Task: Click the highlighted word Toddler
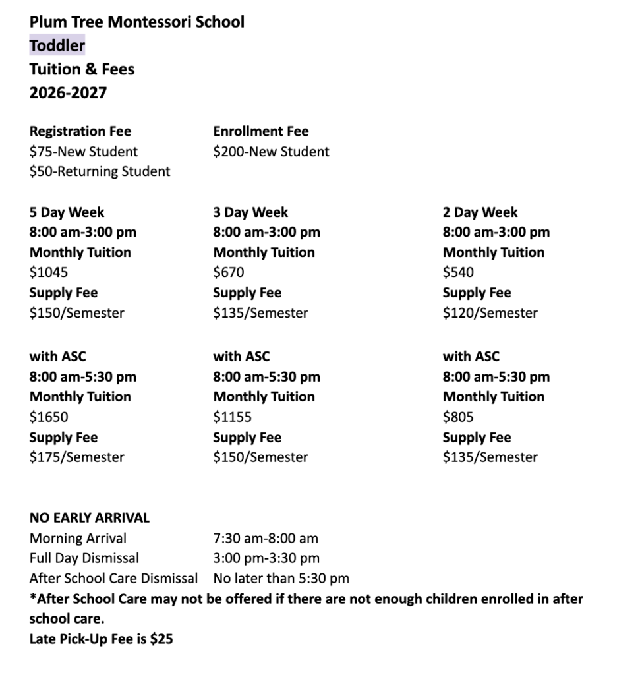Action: click(57, 45)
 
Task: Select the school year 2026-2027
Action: click(68, 93)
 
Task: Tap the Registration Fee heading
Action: click(80, 131)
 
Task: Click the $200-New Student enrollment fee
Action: click(271, 152)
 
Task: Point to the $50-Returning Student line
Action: click(100, 171)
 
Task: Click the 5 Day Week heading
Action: click(67, 212)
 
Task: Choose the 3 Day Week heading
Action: click(250, 212)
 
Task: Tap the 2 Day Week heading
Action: click(480, 212)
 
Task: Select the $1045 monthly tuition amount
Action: click(49, 272)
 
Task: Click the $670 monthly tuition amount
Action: click(229, 272)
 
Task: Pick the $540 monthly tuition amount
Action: click(458, 272)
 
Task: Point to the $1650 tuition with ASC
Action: click(49, 417)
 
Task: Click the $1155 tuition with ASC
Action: click(232, 417)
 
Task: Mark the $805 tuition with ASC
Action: click(458, 417)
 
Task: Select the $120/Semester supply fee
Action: click(490, 313)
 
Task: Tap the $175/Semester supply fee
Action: click(76, 457)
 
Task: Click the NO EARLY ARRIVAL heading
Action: click(89, 518)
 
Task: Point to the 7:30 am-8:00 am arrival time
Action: click(266, 539)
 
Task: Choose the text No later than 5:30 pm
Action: click(281, 579)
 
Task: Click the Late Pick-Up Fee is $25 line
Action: click(101, 639)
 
